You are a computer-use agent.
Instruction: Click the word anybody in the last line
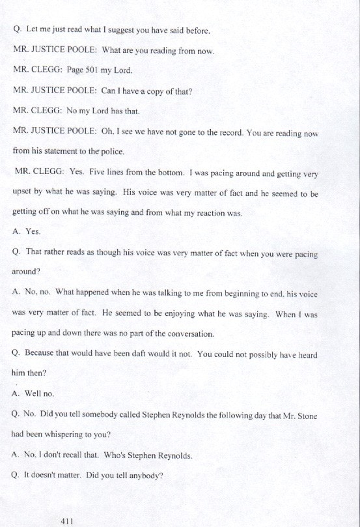(141, 476)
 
